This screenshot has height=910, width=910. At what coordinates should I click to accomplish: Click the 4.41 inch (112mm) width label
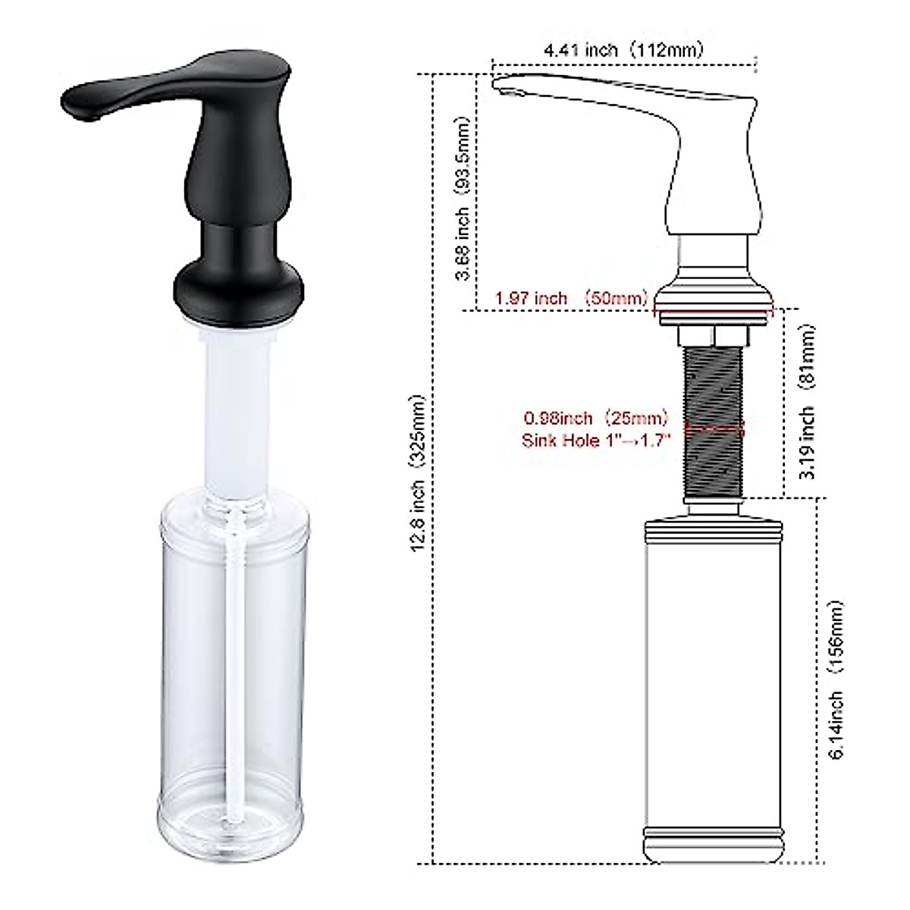point(623,51)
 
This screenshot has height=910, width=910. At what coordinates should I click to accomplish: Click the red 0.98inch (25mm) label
point(597,418)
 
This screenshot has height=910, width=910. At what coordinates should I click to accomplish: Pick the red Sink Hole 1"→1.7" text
point(596,440)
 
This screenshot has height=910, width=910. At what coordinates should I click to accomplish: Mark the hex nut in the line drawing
point(713,335)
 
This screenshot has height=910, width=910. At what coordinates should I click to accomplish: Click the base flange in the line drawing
point(713,300)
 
